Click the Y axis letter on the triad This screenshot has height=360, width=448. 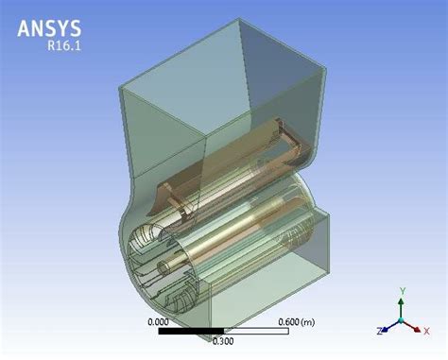tap(401, 291)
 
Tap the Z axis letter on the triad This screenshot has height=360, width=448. tap(378, 330)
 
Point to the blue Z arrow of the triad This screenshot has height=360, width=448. tap(388, 327)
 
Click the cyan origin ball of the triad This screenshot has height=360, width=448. tap(401, 321)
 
